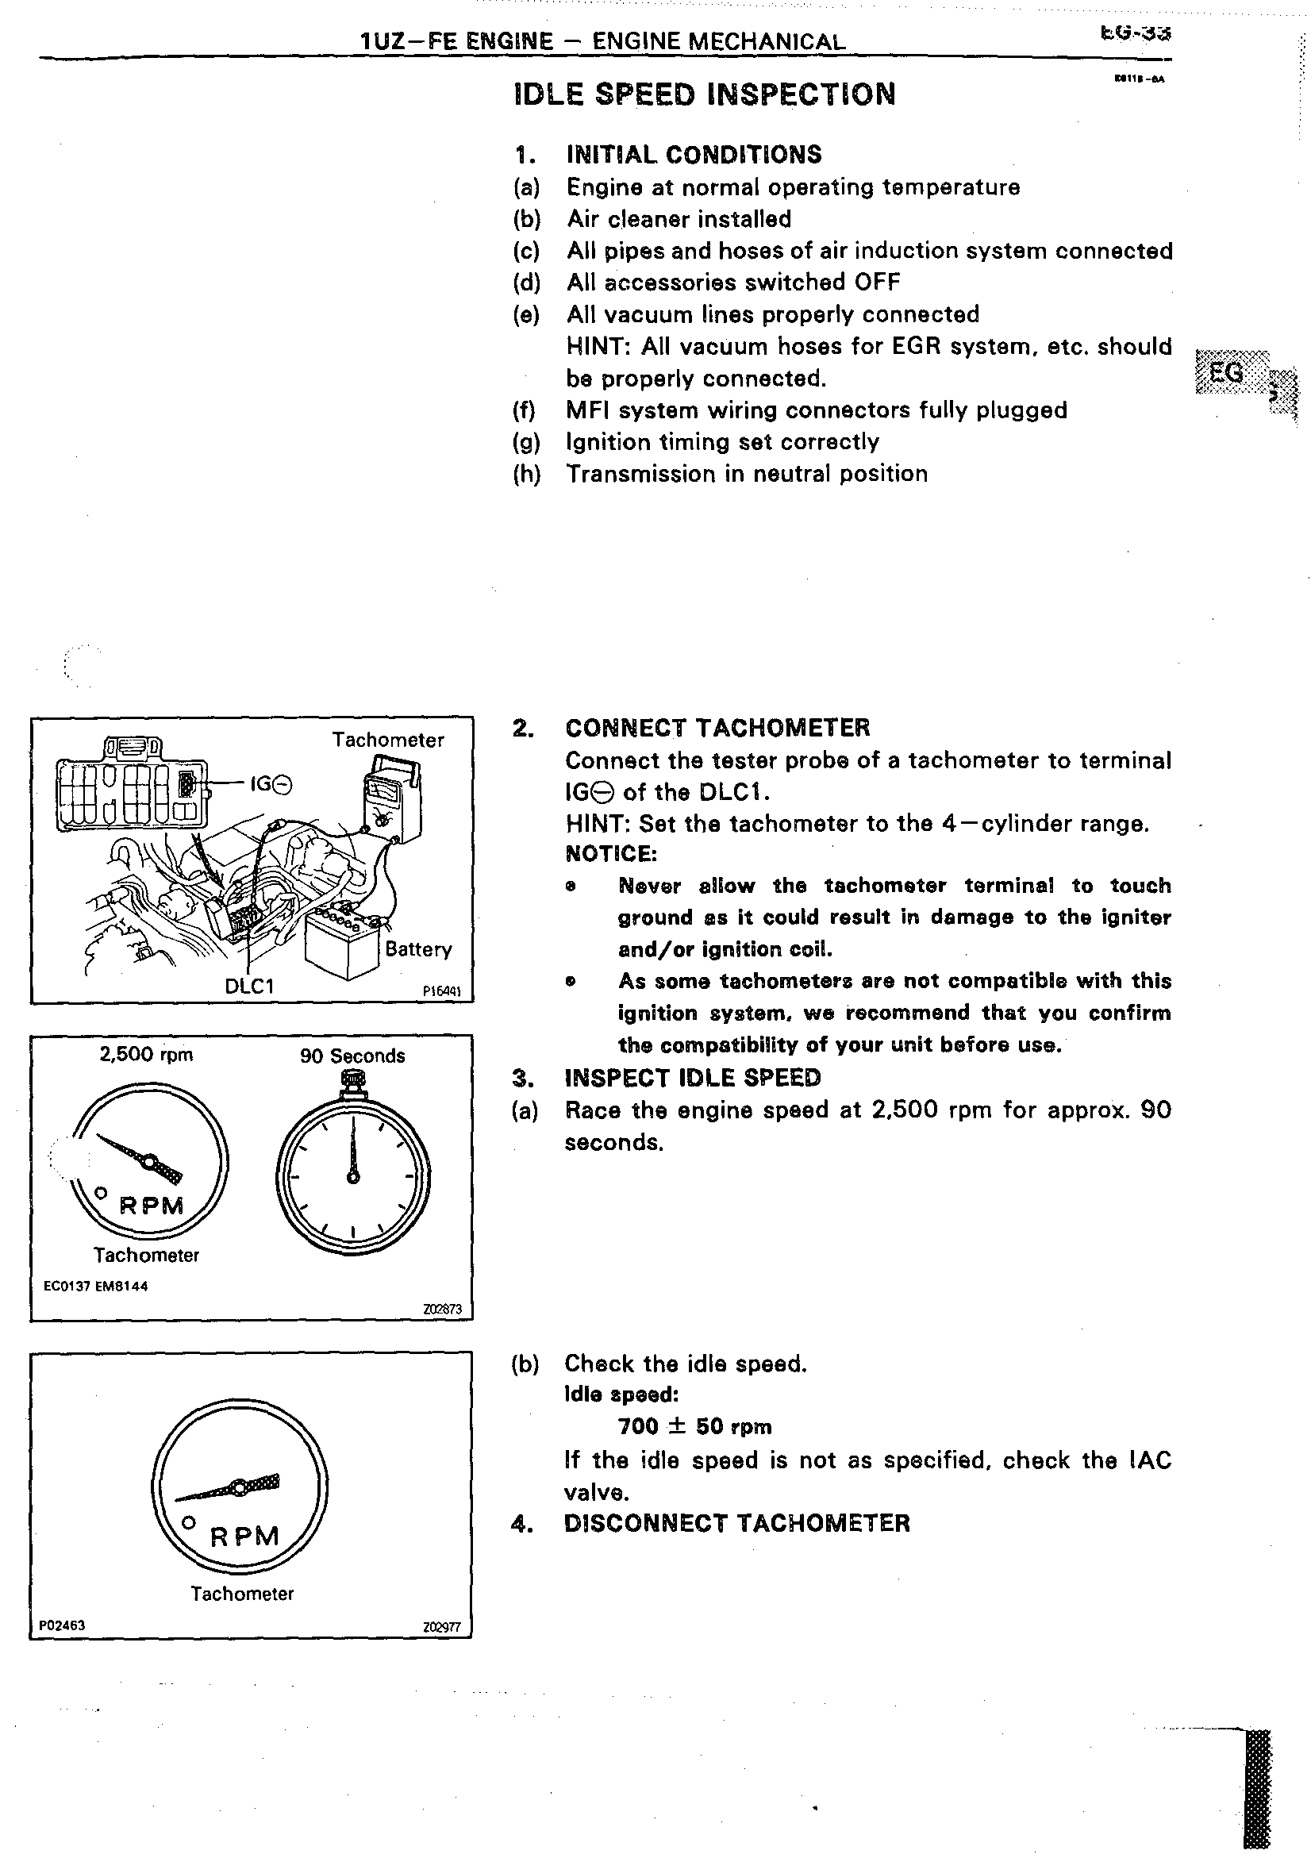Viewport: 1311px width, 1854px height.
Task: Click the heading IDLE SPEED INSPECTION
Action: (704, 94)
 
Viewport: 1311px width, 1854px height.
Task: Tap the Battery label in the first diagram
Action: (418, 948)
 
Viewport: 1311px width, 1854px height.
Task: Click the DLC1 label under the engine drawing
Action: (249, 986)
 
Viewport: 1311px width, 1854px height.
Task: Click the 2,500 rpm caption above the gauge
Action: (146, 1055)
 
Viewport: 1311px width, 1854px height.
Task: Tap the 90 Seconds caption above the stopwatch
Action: (352, 1056)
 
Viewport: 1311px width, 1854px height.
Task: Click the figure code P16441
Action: (441, 991)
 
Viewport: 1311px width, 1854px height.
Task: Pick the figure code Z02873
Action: (442, 1309)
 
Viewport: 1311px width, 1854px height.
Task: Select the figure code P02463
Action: (62, 1625)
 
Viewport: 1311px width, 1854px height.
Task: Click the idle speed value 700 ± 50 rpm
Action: (694, 1427)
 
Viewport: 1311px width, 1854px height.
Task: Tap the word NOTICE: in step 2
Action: (611, 853)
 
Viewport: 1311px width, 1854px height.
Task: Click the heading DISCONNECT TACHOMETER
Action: (737, 1524)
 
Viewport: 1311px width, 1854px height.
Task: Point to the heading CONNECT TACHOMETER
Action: (717, 728)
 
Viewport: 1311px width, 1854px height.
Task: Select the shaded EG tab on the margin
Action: (1227, 373)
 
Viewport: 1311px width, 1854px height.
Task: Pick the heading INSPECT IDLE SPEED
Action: (693, 1078)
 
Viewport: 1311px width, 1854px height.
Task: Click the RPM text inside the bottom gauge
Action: (244, 1537)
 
